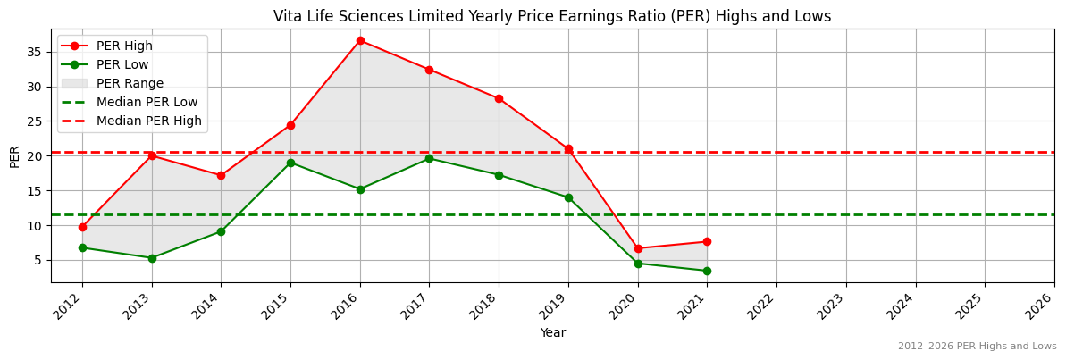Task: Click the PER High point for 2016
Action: point(360,40)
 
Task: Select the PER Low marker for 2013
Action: point(152,258)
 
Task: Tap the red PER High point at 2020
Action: point(638,248)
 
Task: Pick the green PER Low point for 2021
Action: point(707,271)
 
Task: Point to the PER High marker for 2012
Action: point(82,227)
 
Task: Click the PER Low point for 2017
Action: point(429,158)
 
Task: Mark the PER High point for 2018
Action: point(499,98)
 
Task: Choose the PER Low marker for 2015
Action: point(290,163)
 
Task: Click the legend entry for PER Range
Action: point(130,83)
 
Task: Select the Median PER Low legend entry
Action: point(147,102)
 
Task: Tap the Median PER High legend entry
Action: point(148,121)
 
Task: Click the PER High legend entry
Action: point(124,46)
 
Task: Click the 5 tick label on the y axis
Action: point(39,260)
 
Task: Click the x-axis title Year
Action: point(552,332)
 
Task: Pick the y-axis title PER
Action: point(14,156)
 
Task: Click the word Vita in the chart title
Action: point(291,16)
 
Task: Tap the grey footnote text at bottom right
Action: point(977,347)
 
